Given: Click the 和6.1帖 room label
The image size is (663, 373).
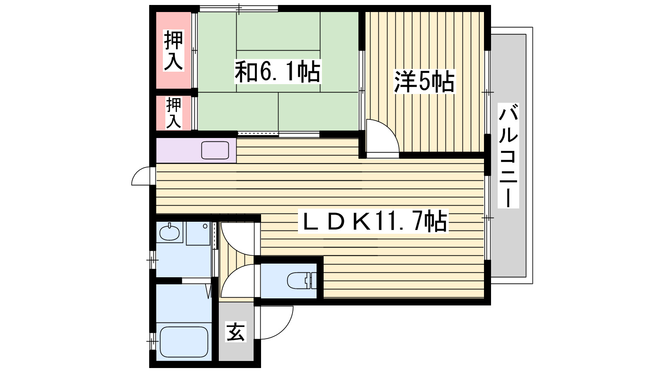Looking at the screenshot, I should coord(278,72).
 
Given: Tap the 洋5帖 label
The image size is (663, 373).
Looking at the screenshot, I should coord(424,82).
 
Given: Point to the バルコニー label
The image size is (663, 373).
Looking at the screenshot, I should coord(508,155).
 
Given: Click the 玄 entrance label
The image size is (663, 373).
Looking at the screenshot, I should coord(236,332).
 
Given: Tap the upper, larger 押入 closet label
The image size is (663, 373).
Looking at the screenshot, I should coord(173,50).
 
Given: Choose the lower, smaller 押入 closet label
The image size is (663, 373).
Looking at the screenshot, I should coord(174,113).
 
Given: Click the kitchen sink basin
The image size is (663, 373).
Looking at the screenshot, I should coord(215,150).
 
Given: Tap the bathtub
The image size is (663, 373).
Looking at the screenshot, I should coord(184,342).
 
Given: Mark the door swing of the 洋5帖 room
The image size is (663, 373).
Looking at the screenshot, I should coord(382,137).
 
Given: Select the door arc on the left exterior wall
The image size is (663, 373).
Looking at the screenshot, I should coord(143,177).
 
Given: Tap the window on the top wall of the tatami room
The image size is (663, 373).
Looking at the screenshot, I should coord(239,8).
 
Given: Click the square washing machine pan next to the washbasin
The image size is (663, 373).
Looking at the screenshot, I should coord(198,233).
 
